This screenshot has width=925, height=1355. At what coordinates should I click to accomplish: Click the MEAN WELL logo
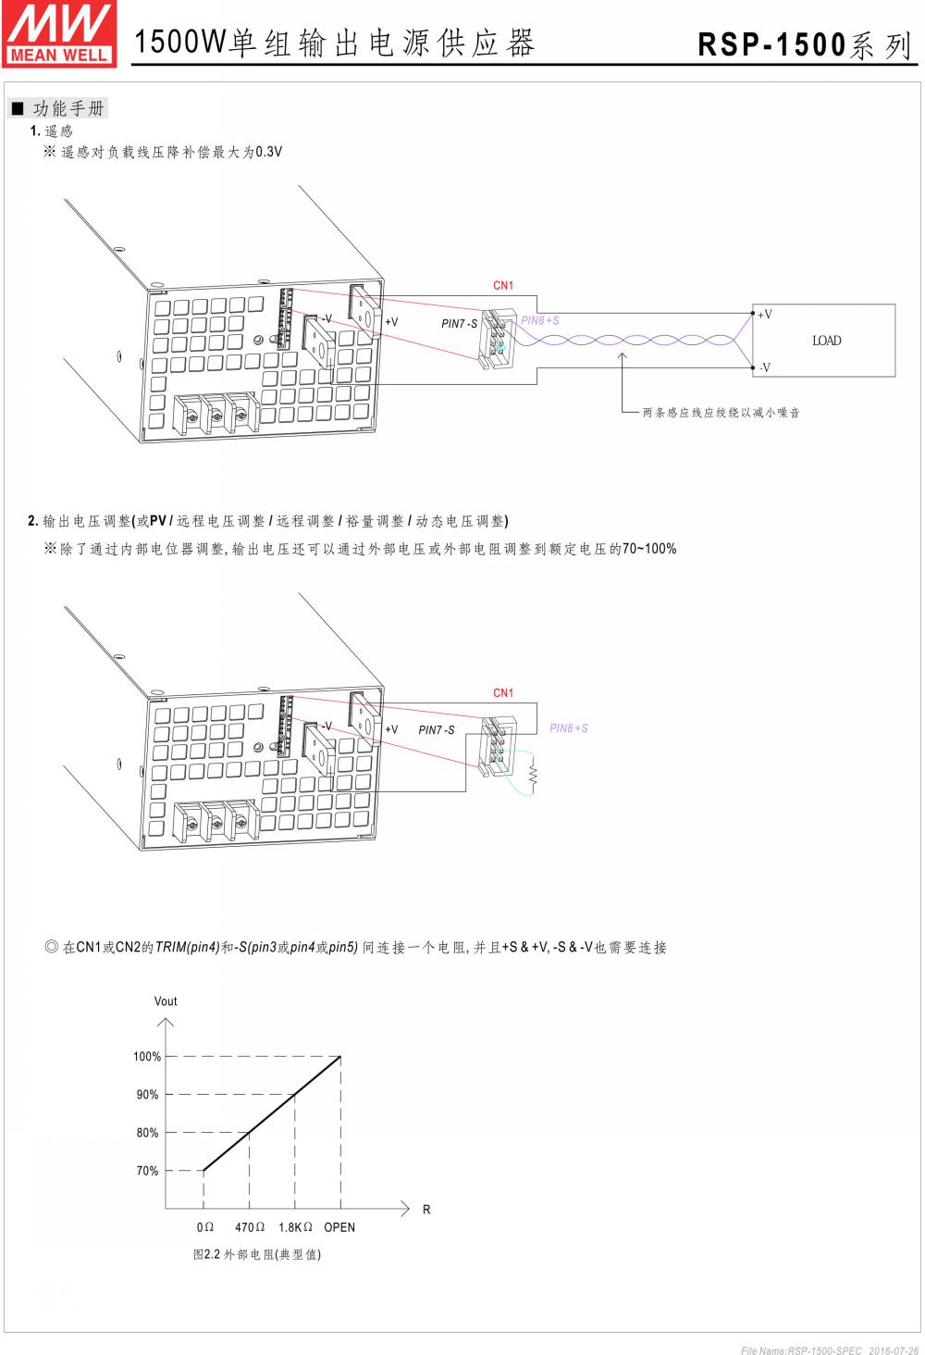coord(59,32)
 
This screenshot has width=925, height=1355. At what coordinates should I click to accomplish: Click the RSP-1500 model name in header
coord(771,45)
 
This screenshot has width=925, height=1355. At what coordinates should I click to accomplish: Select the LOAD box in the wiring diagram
coord(826,341)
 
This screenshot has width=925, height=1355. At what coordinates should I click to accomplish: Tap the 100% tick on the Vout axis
coord(147,1056)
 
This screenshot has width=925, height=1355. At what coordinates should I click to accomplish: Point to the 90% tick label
coord(147,1095)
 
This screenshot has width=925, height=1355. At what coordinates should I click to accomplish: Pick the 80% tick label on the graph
coord(147,1133)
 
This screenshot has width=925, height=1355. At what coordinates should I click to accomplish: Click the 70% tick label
coord(147,1171)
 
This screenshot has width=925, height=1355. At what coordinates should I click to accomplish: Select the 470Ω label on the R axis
coord(250,1227)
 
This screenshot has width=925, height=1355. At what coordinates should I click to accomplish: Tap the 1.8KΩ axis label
coord(295,1227)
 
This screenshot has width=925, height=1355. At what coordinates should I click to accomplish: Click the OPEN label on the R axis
coord(339,1227)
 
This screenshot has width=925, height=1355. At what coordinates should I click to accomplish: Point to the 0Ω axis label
coord(205,1227)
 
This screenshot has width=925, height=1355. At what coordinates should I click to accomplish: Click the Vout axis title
coord(166,1001)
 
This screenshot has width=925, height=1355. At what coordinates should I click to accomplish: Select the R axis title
coord(426,1210)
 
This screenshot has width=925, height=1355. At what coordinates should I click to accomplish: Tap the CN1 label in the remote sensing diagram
coord(503,286)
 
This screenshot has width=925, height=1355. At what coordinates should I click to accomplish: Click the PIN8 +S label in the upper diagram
coord(540,321)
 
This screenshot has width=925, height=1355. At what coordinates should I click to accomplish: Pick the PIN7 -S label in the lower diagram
coord(437,730)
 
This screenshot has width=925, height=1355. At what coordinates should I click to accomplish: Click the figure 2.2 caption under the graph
coord(257,1255)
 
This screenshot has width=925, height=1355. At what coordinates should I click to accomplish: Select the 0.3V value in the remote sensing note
coord(269,152)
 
